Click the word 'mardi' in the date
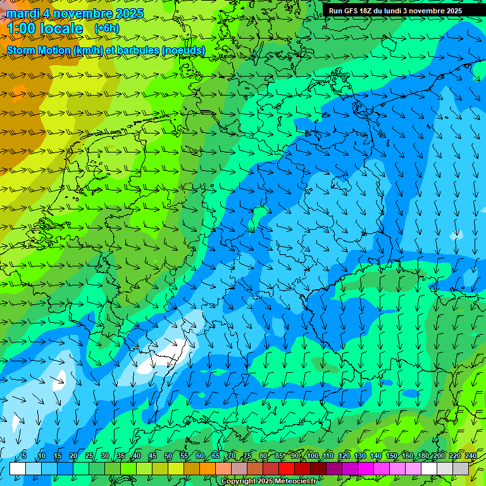(x=22, y=13)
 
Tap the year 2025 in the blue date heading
(x=128, y=13)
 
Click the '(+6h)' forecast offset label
(x=106, y=28)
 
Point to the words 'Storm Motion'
(x=38, y=50)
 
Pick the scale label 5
(x=24, y=456)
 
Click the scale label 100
(x=313, y=456)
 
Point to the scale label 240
(x=470, y=456)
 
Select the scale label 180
(x=423, y=456)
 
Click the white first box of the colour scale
(x=18, y=468)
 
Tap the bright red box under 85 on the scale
(x=287, y=468)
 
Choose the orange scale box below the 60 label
(x=208, y=468)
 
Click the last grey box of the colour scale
(x=461, y=468)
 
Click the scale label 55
(x=184, y=456)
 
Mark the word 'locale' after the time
(x=61, y=28)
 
